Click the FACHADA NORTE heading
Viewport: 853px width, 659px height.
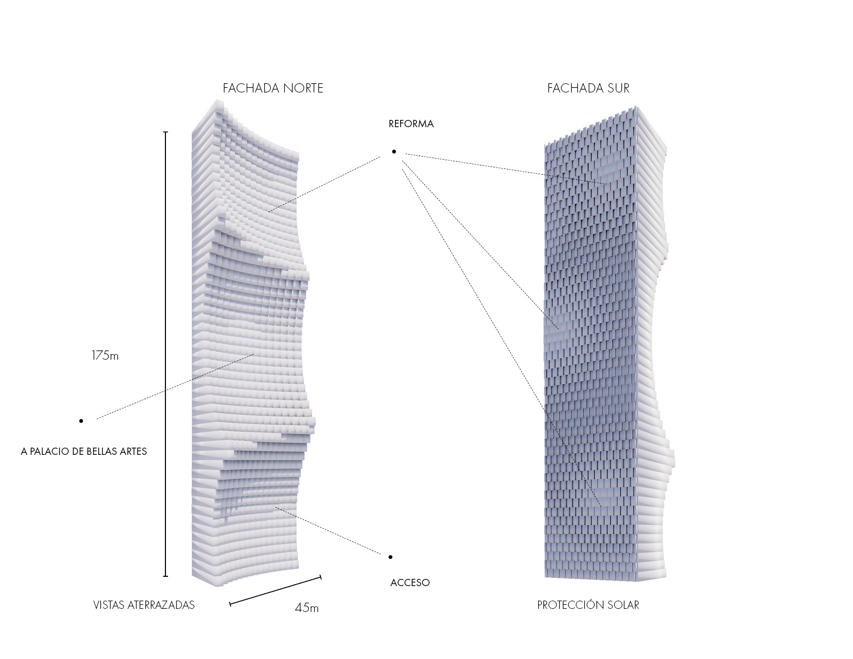click(273, 88)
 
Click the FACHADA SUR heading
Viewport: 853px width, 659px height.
click(588, 88)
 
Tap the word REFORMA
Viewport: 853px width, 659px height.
click(411, 124)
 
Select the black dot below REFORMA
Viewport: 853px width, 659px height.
click(394, 151)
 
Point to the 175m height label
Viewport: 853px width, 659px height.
click(105, 356)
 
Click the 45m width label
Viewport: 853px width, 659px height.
click(307, 608)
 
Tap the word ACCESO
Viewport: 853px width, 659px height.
click(410, 583)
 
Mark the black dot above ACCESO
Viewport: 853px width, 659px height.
click(390, 557)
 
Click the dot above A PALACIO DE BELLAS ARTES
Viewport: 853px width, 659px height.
click(81, 421)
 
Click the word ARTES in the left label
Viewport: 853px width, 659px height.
click(132, 452)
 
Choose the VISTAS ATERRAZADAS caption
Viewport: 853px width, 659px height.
click(144, 605)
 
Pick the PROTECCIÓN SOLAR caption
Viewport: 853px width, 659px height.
click(588, 605)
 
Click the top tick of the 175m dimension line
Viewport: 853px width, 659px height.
click(165, 132)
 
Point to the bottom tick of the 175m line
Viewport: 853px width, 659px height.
click(165, 576)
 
